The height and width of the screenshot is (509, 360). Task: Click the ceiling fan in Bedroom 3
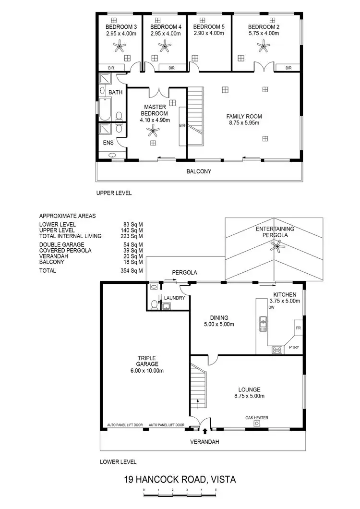119,46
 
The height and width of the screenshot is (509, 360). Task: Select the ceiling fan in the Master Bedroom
154,130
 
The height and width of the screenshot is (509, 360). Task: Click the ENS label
108,143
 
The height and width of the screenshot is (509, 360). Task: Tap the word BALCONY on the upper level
199,171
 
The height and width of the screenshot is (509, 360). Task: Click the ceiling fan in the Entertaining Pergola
276,247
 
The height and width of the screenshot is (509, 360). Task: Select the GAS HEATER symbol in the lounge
257,424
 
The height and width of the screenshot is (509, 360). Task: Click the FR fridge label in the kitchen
298,328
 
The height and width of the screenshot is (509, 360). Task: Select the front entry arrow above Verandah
206,431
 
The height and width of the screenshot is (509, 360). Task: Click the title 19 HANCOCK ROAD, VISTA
180,479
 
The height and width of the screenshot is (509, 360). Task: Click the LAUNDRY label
174,298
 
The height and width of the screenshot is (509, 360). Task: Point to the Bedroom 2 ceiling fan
263,46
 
